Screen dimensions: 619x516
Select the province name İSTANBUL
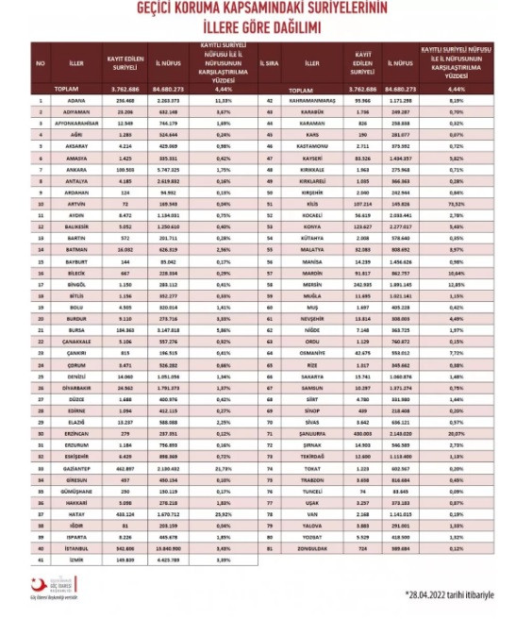pos(78,545)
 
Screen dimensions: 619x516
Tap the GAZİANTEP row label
pos(78,467)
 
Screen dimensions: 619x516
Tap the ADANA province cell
pos(78,98)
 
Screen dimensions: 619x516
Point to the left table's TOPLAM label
pos(78,88)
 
